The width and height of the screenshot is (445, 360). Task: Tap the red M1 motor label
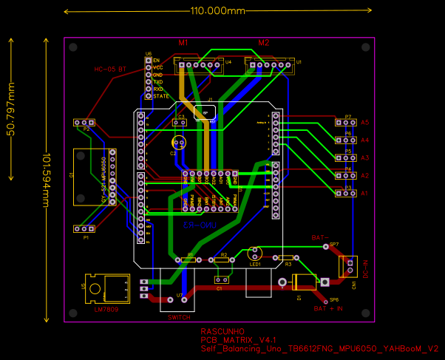(183, 43)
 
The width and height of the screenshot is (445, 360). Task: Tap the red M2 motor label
(263, 43)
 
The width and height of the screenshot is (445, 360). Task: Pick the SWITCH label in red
(179, 316)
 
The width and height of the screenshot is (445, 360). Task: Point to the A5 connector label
(364, 122)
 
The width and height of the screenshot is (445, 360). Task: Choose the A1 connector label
(364, 193)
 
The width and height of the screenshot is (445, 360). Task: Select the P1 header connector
(84, 229)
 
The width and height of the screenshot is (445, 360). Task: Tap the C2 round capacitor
(179, 143)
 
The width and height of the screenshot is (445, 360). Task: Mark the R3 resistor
(286, 257)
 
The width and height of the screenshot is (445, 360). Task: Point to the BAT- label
(319, 238)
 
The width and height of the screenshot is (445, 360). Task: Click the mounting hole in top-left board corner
(73, 47)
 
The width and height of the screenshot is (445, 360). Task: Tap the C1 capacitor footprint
(220, 279)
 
